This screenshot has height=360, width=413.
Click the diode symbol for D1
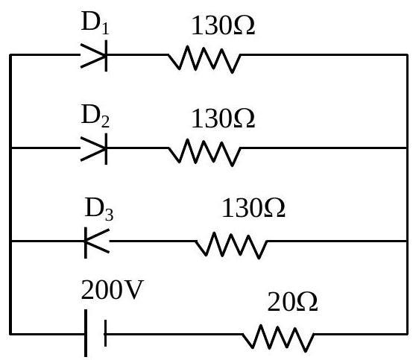click(x=94, y=56)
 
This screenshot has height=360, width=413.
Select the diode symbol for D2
click(x=94, y=149)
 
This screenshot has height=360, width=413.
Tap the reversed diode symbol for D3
click(x=97, y=241)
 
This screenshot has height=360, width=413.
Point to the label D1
click(x=95, y=22)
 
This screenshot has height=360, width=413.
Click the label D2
click(x=95, y=116)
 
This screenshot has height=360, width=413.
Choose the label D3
click(x=98, y=209)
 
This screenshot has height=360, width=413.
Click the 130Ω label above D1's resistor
click(x=223, y=25)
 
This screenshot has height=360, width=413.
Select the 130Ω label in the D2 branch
click(x=223, y=119)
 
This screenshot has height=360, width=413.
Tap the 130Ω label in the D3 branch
click(x=253, y=208)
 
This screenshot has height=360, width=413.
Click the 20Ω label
click(x=292, y=302)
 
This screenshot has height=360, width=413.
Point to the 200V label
click(x=113, y=289)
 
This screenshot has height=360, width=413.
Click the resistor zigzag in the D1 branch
click(x=204, y=59)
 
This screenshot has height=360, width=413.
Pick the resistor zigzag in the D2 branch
click(x=204, y=153)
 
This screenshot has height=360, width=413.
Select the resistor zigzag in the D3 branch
click(x=231, y=245)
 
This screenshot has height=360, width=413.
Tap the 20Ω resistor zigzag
click(x=278, y=338)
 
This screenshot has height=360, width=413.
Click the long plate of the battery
click(x=86, y=333)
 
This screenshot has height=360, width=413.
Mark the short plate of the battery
click(x=105, y=333)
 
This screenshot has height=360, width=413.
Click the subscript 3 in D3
click(x=110, y=214)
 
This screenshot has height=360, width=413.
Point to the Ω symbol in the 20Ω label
click(x=307, y=302)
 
